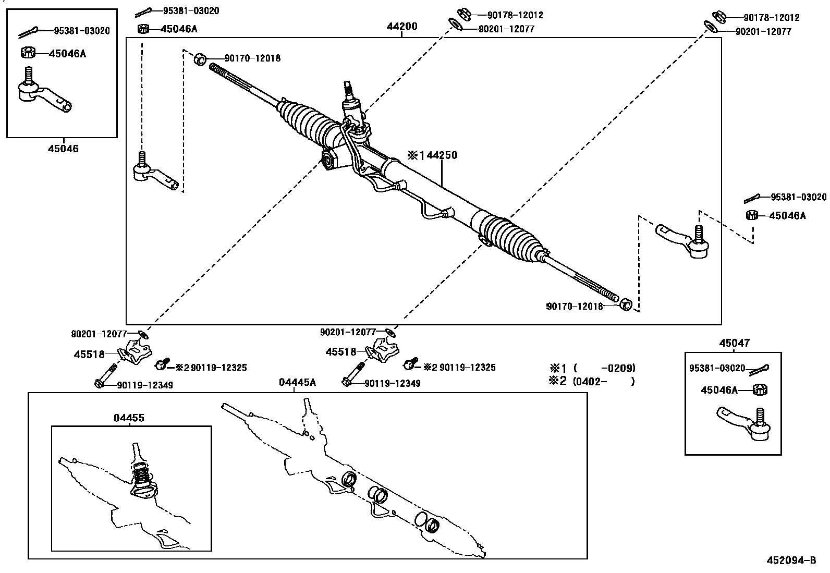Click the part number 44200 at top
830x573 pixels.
coord(401,27)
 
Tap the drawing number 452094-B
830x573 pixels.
coord(791,560)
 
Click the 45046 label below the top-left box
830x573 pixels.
coord(64,149)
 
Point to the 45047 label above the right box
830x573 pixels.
coord(734,343)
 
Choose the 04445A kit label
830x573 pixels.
coord(297,383)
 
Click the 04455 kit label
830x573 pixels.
coord(129,418)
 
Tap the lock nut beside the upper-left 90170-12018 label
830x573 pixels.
coord(200,59)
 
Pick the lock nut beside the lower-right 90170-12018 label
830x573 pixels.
coord(626,304)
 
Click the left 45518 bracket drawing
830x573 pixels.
coord(136,353)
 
